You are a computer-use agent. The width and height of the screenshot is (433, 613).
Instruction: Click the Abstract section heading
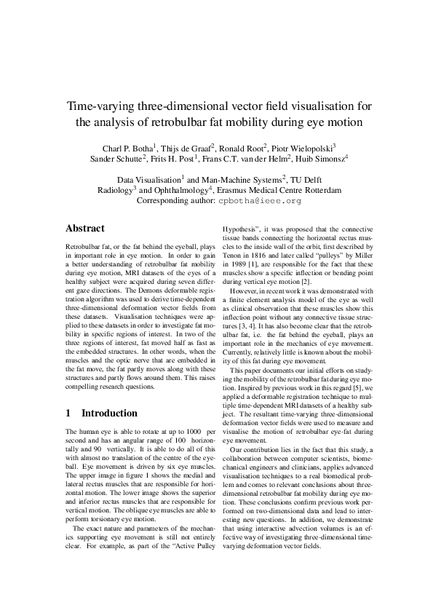(85, 228)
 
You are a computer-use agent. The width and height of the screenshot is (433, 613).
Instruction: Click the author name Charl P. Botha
(125, 148)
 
